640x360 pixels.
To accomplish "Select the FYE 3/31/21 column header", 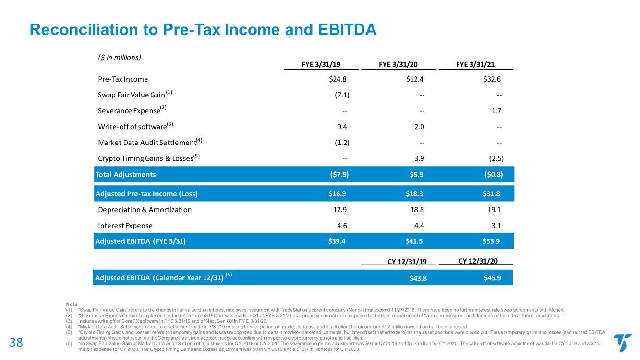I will tap(476, 63).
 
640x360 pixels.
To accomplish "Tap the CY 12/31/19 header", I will tap(407, 261).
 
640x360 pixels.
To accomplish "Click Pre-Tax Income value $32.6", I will tap(493, 79).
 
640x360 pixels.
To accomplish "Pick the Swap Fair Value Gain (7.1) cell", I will tap(342, 95).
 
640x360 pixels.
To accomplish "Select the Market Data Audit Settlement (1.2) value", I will tap(342, 143).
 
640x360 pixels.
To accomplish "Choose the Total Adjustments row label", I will tap(126, 174).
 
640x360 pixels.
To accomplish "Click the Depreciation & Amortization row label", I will tap(145, 210).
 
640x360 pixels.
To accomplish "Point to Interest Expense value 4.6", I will tap(341, 226).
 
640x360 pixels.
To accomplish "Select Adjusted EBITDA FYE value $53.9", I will tap(492, 241).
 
